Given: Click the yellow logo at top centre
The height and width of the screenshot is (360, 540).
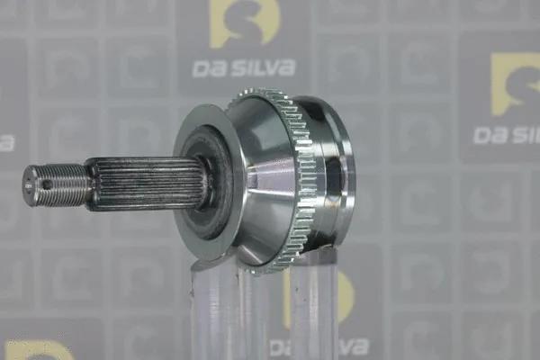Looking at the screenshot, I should click(x=244, y=22).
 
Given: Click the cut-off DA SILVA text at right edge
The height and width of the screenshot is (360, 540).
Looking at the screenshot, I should click(x=508, y=134).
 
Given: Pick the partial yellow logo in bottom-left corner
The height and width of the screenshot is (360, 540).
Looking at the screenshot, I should click(x=36, y=350).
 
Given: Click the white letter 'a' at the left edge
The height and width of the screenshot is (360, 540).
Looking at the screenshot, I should click(x=5, y=143).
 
